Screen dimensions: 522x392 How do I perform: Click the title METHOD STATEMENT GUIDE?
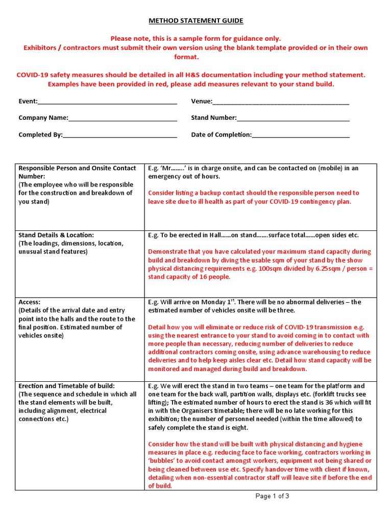(196, 21)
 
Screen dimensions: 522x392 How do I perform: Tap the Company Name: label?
(43, 118)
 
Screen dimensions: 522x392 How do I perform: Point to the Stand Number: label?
(214, 118)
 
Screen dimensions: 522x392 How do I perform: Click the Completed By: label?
(40, 135)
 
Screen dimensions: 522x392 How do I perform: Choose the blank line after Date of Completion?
(301, 135)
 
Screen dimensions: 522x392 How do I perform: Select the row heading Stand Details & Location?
(56, 235)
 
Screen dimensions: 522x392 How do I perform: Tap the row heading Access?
(29, 302)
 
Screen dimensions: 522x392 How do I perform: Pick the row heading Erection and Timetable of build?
(67, 386)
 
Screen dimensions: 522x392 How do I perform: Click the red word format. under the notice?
(196, 57)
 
